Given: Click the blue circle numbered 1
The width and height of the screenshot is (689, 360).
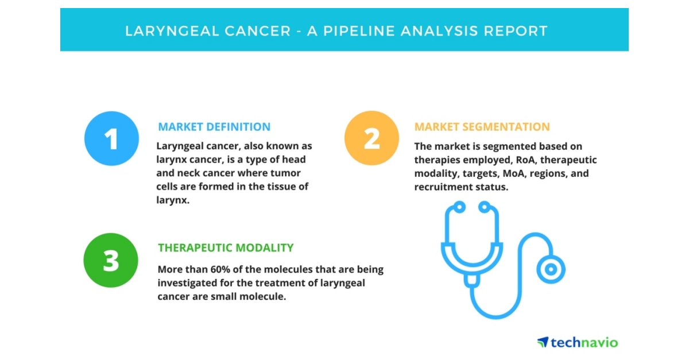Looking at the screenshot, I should tap(111, 138).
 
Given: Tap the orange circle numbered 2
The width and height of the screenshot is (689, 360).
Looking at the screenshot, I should tap(371, 138).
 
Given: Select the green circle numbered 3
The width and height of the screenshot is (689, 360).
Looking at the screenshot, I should tap(111, 260).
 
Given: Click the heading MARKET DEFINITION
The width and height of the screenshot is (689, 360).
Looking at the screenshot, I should tap(214, 127).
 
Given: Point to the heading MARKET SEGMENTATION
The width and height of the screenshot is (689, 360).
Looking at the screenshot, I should tap(482, 127).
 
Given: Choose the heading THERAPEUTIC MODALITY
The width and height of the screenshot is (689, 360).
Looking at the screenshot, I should tap(226, 248).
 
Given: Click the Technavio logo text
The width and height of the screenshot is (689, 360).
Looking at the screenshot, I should tap(584, 343).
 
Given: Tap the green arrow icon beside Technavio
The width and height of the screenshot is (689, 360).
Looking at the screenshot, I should tap(543, 342).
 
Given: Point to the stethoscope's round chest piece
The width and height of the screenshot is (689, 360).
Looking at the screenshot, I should tap(551, 269).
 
